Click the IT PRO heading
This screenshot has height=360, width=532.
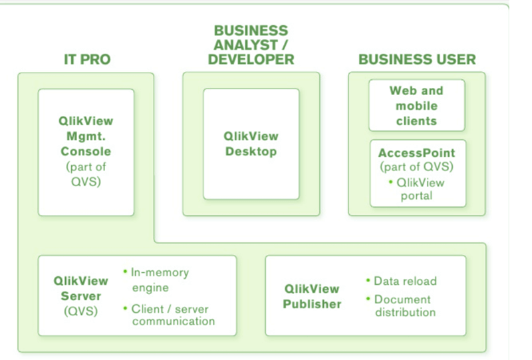click(86, 59)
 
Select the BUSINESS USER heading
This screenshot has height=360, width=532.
click(417, 59)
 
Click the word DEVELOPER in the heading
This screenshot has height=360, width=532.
click(251, 59)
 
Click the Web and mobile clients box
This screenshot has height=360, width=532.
click(416, 105)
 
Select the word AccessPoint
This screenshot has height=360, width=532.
click(417, 153)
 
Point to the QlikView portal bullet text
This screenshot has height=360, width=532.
click(420, 189)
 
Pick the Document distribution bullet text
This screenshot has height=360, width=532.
click(404, 305)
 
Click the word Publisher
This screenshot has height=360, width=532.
click(312, 304)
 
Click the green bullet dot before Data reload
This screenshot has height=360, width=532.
click(368, 280)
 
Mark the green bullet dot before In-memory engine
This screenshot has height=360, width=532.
click(125, 271)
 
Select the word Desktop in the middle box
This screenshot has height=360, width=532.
click(251, 151)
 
